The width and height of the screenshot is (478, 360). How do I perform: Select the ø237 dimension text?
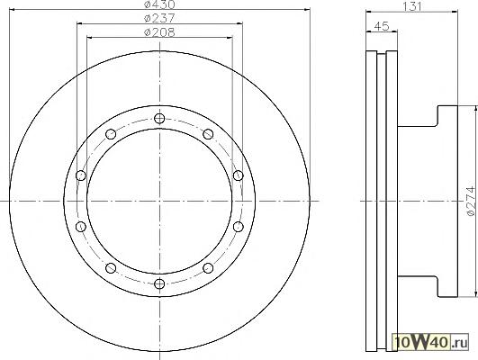click(x=159, y=18)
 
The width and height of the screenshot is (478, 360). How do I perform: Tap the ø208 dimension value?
click(x=159, y=32)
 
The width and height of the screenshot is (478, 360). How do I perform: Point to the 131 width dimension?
click(x=412, y=6)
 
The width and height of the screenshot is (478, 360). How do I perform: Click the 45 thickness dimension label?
click(x=382, y=26)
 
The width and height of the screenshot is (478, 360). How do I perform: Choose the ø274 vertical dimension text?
click(x=471, y=202)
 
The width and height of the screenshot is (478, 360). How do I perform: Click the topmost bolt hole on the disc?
click(x=159, y=118)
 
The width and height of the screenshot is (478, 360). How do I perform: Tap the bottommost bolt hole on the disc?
click(x=159, y=283)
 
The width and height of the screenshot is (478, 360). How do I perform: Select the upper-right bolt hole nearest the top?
click(x=208, y=134)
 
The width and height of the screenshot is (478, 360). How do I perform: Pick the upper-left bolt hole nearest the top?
click(x=111, y=134)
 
